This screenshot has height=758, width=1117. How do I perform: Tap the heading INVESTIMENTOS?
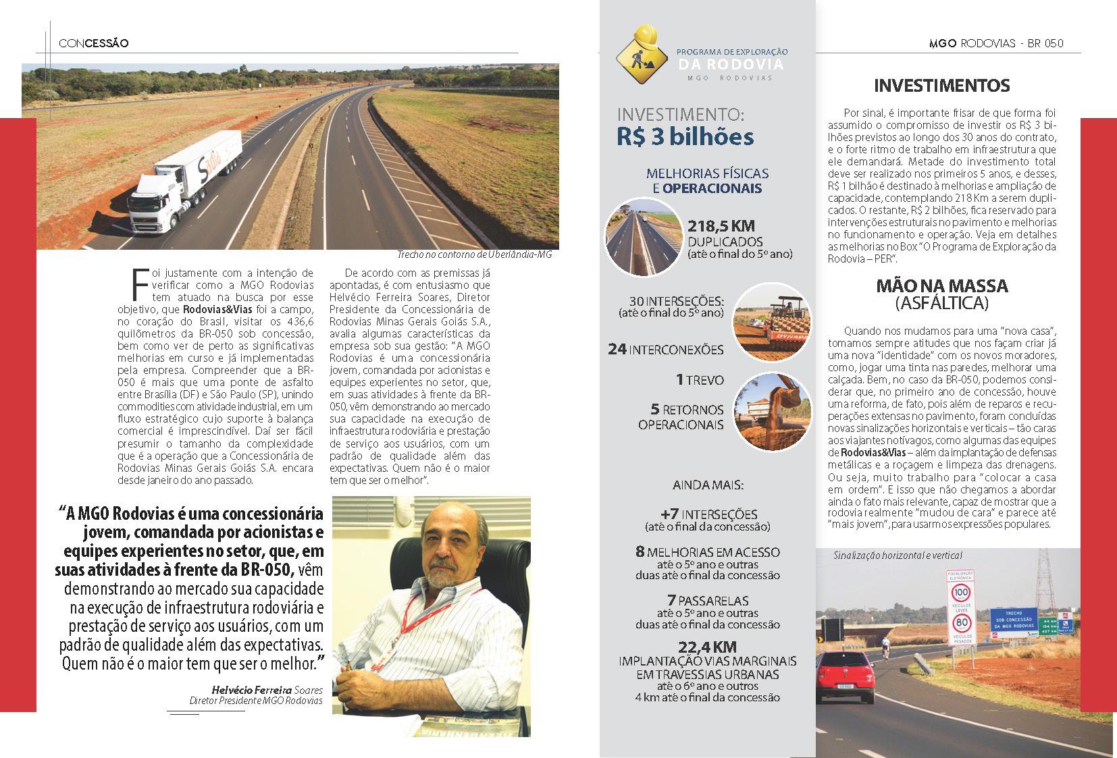click(x=942, y=86)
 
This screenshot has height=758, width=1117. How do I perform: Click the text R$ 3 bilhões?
click(x=684, y=136)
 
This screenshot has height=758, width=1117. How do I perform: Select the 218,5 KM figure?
click(x=721, y=226)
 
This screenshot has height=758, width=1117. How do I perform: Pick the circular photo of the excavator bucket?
click(x=772, y=411)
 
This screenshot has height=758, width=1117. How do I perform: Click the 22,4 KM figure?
click(x=707, y=647)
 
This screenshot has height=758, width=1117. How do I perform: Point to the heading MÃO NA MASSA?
click(x=941, y=286)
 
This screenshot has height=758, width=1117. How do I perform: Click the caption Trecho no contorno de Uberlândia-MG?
click(x=474, y=255)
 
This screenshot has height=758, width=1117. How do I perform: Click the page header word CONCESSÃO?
click(x=93, y=43)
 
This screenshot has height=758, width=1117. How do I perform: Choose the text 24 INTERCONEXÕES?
click(x=665, y=350)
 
